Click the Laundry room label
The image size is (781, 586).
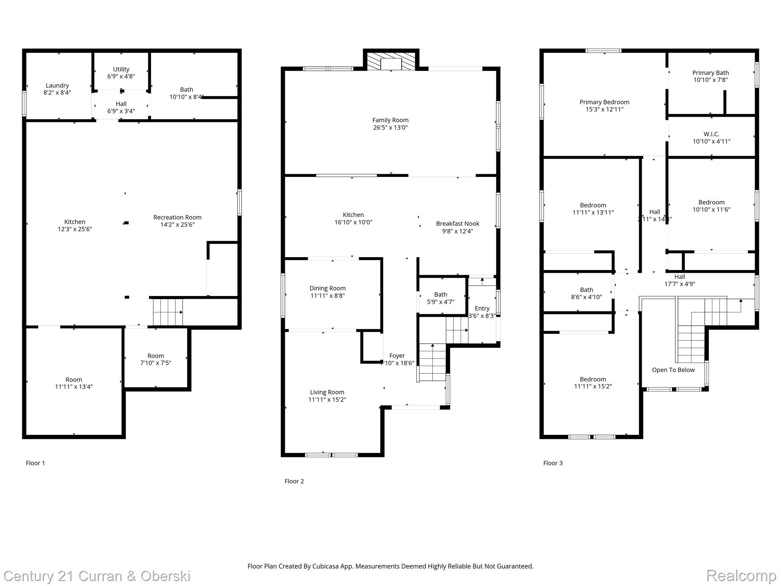click(x=57, y=86)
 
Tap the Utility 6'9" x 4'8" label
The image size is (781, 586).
click(x=121, y=72)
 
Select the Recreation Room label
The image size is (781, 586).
click(x=177, y=217)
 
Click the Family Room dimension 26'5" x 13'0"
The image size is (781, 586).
click(x=390, y=127)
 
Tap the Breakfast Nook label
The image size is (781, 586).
click(x=458, y=224)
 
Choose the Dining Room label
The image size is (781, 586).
click(x=328, y=288)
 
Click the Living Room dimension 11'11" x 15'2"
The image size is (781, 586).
click(x=327, y=399)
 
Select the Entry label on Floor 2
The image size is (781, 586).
click(x=482, y=308)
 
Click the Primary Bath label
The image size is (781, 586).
click(x=710, y=73)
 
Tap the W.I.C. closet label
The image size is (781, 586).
click(x=711, y=134)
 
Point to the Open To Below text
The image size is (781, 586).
click(x=673, y=370)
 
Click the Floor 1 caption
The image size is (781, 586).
click(x=35, y=463)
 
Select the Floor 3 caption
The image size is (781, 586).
click(x=553, y=463)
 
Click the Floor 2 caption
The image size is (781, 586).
click(x=294, y=481)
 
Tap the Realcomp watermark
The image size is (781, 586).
click(x=741, y=575)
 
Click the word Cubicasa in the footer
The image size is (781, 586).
click(x=325, y=566)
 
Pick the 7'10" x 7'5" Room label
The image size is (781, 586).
click(x=156, y=359)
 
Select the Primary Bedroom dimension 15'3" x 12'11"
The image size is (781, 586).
click(x=604, y=109)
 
